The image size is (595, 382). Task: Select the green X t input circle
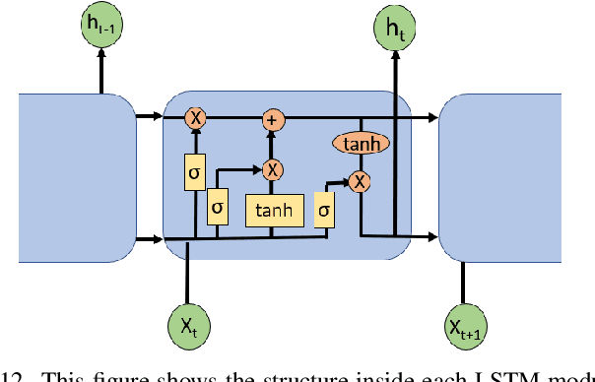pyautogui.click(x=186, y=324)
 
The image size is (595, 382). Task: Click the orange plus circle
pyautogui.click(x=271, y=119)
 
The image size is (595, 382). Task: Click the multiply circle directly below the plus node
pyautogui.click(x=271, y=168)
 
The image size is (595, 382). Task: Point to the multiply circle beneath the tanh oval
pyautogui.click(x=362, y=180)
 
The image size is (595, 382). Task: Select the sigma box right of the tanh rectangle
pyautogui.click(x=324, y=211)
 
